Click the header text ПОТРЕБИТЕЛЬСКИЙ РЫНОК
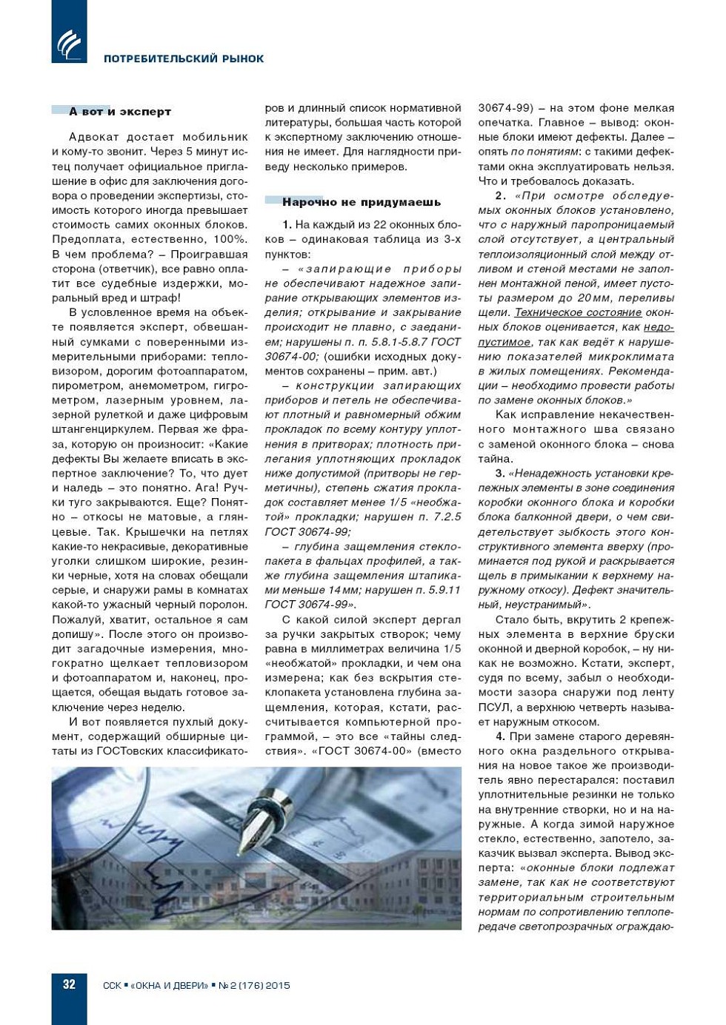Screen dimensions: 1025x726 tap(184, 58)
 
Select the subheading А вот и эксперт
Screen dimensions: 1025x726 tap(120, 112)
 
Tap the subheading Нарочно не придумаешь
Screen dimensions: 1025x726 tap(362, 202)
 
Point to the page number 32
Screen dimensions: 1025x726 tap(69, 984)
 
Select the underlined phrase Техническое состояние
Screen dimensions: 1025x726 tap(577, 312)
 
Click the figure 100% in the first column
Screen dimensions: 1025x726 tap(230, 239)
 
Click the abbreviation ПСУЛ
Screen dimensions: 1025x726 tap(494, 708)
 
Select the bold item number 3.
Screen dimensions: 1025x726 tap(500, 473)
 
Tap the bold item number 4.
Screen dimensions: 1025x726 tap(500, 736)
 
